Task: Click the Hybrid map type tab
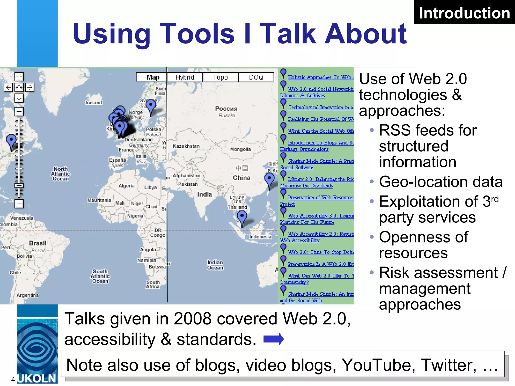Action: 185,77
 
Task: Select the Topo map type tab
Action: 220,77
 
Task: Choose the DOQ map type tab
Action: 256,77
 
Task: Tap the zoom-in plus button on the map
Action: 19,111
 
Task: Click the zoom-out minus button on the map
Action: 19,204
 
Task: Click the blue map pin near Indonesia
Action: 242,216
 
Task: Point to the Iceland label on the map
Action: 94,103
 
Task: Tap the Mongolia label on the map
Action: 240,149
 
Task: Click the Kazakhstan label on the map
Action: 186,146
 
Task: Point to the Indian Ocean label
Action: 215,265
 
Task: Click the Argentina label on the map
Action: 28,295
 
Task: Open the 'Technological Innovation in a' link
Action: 321,107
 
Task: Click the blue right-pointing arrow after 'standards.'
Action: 274,339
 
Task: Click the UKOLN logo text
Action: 37,378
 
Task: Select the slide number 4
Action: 13,379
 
